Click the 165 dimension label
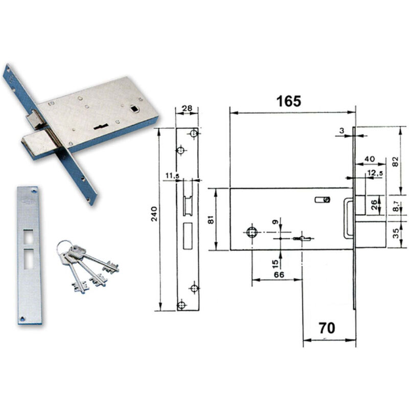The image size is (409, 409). click(x=288, y=101)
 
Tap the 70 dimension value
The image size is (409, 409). click(x=327, y=328)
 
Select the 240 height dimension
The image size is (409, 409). click(x=154, y=214)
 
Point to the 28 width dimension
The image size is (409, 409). click(x=187, y=108)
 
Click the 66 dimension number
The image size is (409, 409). click(x=279, y=275)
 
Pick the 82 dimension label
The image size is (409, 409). click(x=396, y=162)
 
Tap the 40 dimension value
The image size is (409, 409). click(x=370, y=158)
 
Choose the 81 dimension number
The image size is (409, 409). click(x=211, y=219)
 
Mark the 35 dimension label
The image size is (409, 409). click(x=396, y=233)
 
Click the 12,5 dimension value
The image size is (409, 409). click(x=375, y=173)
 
